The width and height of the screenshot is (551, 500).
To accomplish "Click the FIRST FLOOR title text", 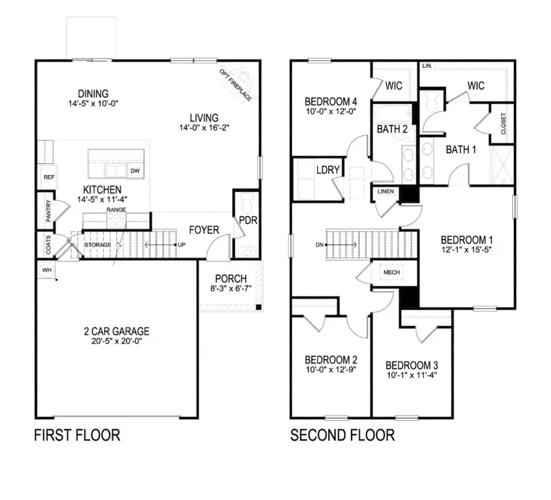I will (77, 435).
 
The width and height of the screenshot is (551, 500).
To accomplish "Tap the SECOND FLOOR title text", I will (342, 435).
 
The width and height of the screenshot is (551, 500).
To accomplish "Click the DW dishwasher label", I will (135, 171).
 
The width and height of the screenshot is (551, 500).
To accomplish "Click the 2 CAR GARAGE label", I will (116, 332).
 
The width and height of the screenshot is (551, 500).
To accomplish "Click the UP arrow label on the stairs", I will (181, 245).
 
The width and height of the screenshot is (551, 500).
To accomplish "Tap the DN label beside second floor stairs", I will (318, 245).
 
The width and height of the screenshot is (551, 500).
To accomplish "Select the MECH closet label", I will (391, 273).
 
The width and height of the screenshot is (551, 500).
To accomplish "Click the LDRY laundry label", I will (328, 170).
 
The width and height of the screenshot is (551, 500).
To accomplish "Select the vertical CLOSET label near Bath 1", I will (503, 124).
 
